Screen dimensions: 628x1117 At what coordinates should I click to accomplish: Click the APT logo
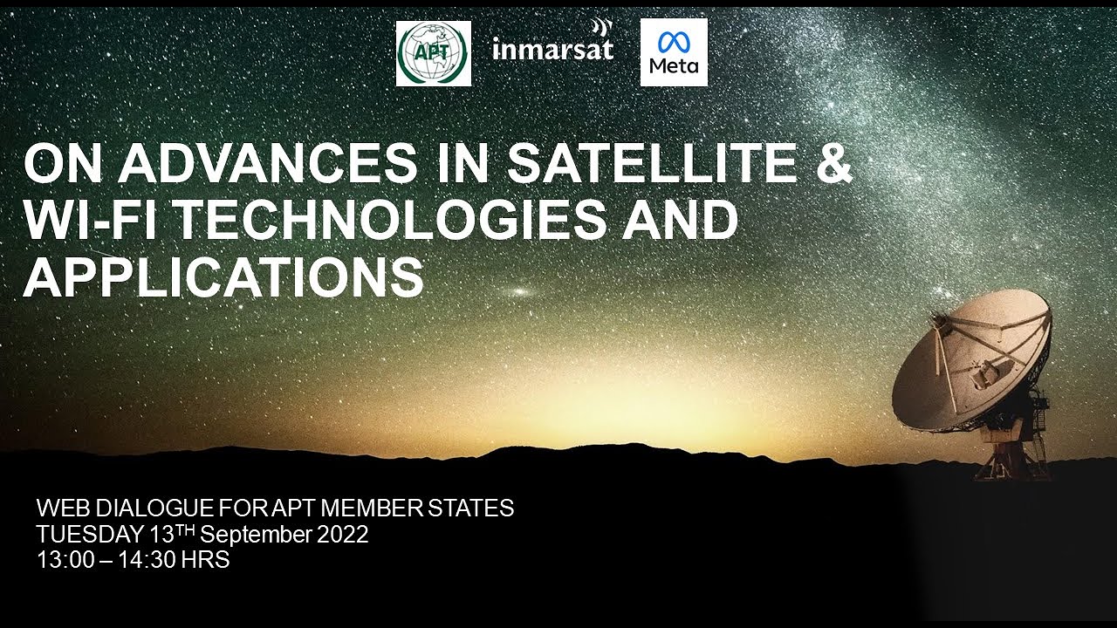click(433, 53)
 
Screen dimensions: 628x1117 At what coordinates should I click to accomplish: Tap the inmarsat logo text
click(552, 49)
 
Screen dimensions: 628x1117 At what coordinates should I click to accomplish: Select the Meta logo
click(674, 52)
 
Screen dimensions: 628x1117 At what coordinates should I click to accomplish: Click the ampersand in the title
click(833, 163)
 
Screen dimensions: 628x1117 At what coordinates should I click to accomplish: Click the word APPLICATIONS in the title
click(223, 277)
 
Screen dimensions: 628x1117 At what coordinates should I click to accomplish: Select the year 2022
click(342, 535)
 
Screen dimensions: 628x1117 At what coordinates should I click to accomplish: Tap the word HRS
click(205, 561)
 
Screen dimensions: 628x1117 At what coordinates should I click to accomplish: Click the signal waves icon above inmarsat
click(603, 27)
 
